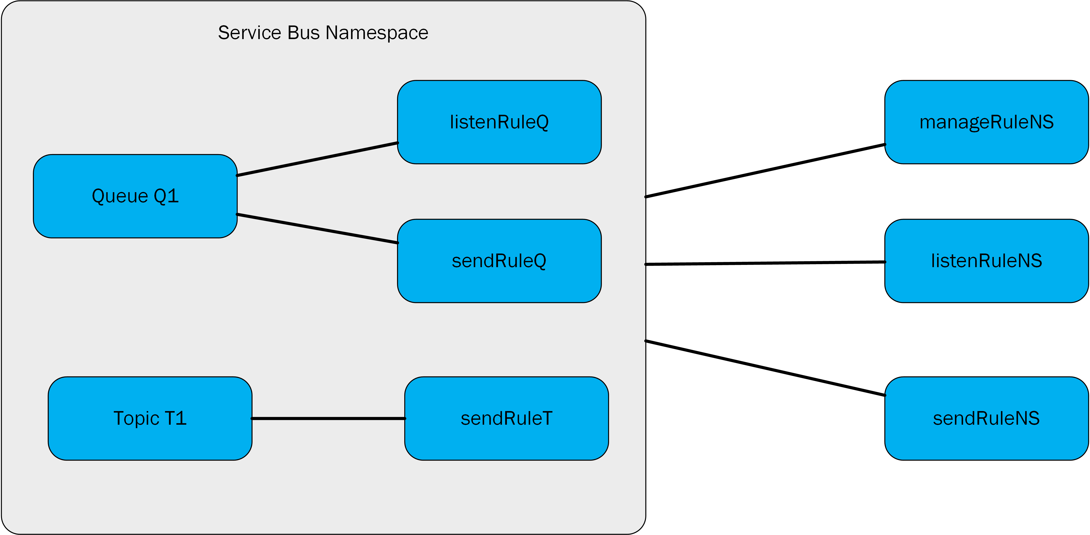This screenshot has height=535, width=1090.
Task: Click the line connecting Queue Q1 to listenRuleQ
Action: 317,159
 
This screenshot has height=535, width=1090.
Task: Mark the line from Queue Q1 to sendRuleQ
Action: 317,229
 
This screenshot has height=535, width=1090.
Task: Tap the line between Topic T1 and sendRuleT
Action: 328,418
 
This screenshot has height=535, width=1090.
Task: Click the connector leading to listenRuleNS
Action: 765,263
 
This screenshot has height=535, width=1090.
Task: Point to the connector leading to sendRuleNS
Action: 765,368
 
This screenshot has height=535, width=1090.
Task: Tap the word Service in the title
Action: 250,33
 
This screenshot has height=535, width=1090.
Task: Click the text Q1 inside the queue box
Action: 166,196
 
